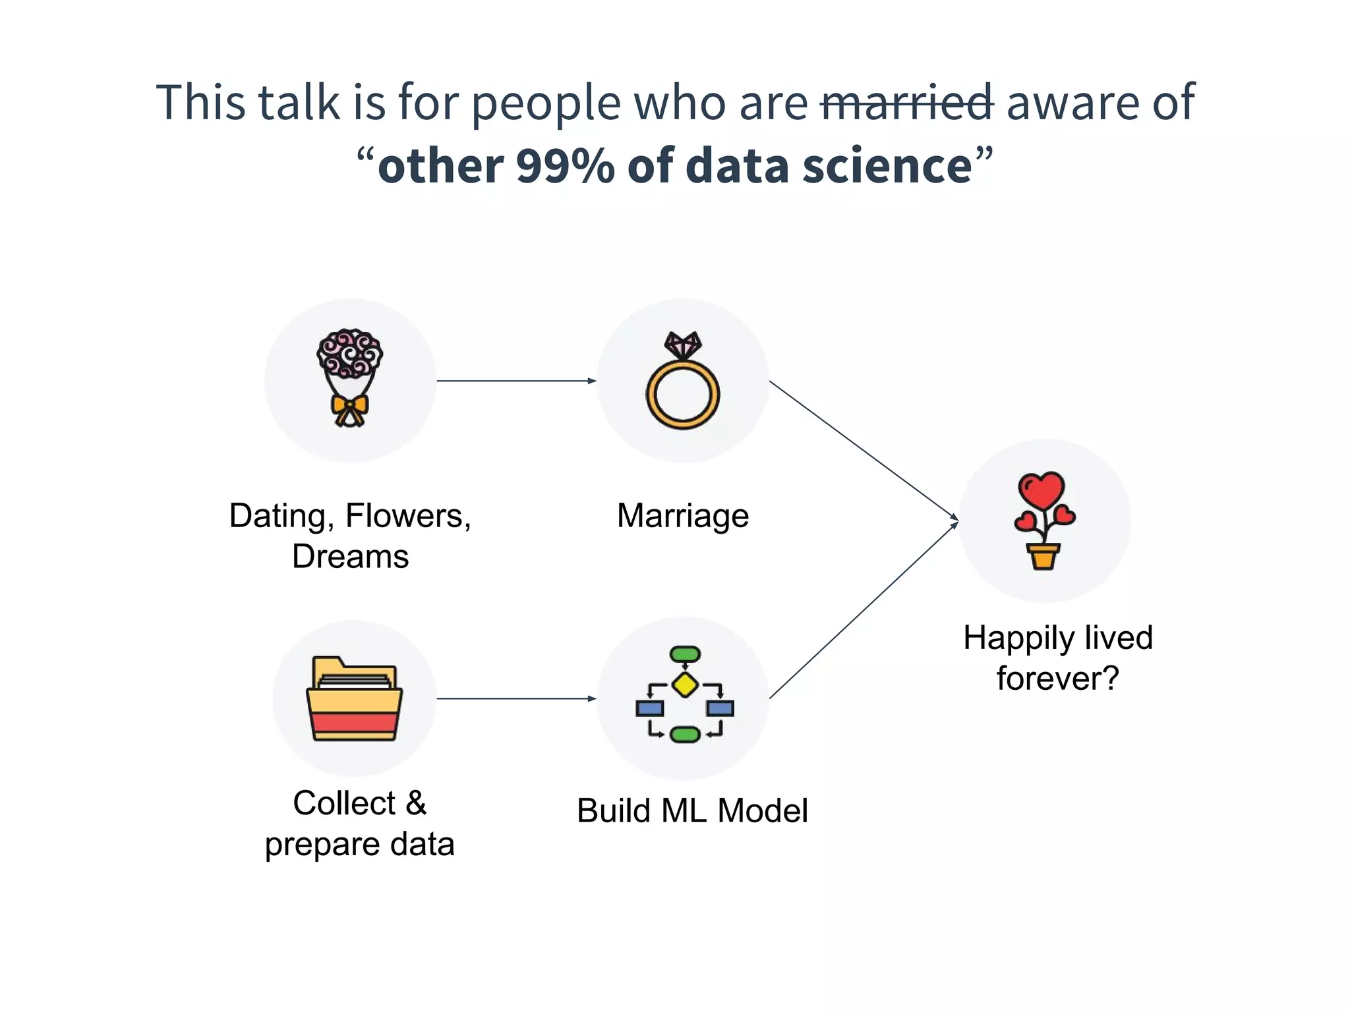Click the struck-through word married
(x=907, y=103)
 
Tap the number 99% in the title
(x=565, y=165)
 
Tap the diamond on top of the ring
(x=683, y=344)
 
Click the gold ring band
(x=683, y=395)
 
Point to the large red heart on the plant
(x=1042, y=490)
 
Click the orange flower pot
(x=1043, y=556)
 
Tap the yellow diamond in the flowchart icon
(x=685, y=685)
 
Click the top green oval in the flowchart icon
(x=685, y=654)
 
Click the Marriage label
(x=683, y=515)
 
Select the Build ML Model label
(x=692, y=810)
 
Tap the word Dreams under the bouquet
(x=350, y=556)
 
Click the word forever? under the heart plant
(x=1057, y=678)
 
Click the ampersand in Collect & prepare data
(x=416, y=803)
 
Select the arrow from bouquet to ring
(x=516, y=381)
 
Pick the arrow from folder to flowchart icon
(x=516, y=698)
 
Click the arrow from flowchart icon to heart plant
(x=864, y=610)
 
